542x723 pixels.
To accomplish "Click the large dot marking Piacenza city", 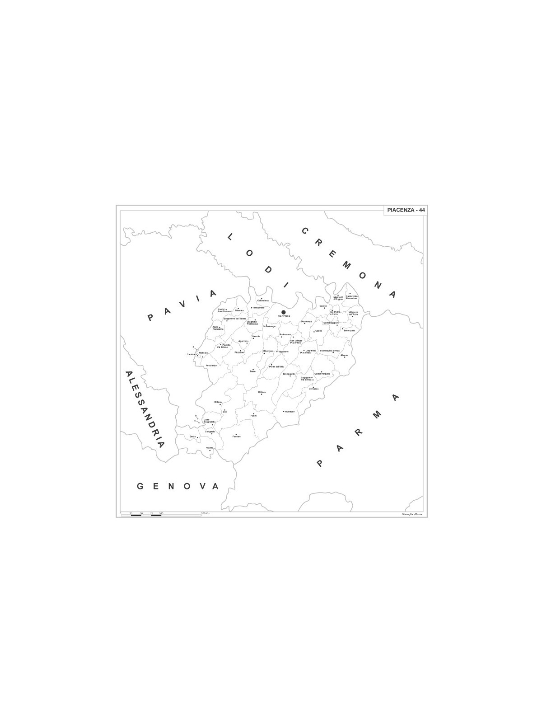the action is click(x=284, y=312).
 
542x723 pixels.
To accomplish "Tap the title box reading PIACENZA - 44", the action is click(x=406, y=210).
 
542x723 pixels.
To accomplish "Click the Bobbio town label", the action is click(x=218, y=402).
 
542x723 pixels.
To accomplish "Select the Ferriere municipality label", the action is click(x=237, y=437).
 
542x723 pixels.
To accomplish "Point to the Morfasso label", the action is click(x=290, y=412).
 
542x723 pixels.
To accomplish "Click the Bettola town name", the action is click(x=262, y=392).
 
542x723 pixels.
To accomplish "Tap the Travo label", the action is click(x=252, y=371).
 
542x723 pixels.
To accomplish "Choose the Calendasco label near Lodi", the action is click(x=263, y=300).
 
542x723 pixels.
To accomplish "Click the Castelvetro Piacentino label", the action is click(x=351, y=297).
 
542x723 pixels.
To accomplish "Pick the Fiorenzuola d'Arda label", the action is click(x=330, y=351).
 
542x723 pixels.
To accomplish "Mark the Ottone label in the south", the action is click(x=210, y=448).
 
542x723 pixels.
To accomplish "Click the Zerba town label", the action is click(x=193, y=437).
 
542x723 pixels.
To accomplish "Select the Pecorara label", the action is click(x=210, y=365).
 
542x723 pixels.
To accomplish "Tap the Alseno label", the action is click(x=344, y=355).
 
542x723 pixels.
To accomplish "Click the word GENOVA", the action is click(x=178, y=486).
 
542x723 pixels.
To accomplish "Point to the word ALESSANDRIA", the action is click(x=144, y=409).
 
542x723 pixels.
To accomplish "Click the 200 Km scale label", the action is click(x=206, y=514).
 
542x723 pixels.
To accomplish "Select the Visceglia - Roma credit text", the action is click(x=412, y=514).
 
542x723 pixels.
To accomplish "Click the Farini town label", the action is click(x=253, y=416).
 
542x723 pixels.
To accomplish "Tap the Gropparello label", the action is click(x=289, y=374).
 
